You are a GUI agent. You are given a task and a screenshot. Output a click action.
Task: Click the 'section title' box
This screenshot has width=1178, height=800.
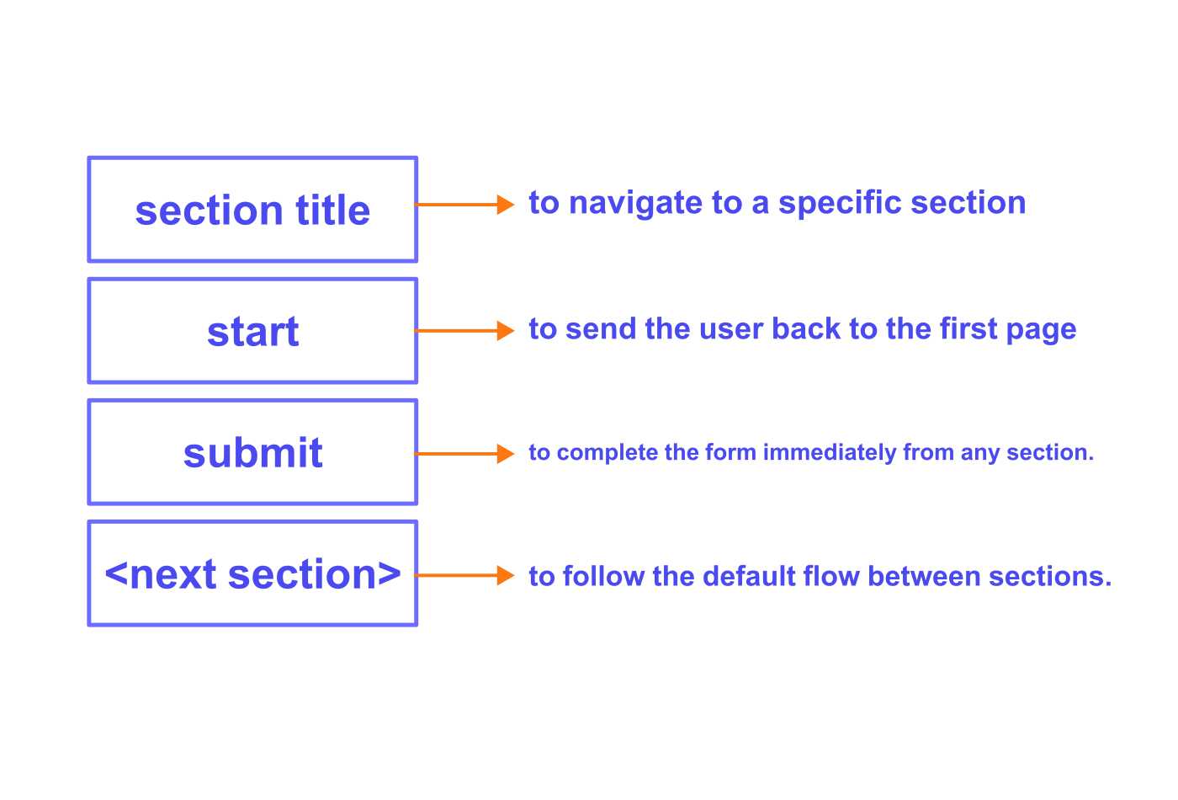pyautogui.click(x=252, y=210)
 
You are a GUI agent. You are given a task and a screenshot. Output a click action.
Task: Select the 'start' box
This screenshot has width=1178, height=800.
pyautogui.click(x=252, y=331)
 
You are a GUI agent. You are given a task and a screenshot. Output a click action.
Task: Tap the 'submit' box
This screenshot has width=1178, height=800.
pyautogui.click(x=252, y=452)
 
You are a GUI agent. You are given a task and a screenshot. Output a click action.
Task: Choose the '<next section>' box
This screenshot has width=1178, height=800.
pyautogui.click(x=252, y=573)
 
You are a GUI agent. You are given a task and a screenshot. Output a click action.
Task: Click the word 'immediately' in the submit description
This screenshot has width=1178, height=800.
pyautogui.click(x=830, y=453)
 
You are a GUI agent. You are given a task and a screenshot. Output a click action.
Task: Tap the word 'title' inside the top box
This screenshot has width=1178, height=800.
pyautogui.click(x=332, y=210)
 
